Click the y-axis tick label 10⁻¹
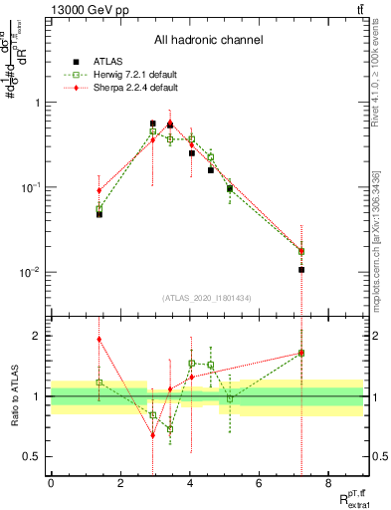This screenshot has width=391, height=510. pyautogui.click(x=30, y=187)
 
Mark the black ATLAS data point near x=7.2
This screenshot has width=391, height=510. pyautogui.click(x=301, y=270)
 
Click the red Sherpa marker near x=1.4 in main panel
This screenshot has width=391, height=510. pyautogui.click(x=99, y=190)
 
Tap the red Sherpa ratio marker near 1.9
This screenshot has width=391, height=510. pyautogui.click(x=99, y=339)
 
